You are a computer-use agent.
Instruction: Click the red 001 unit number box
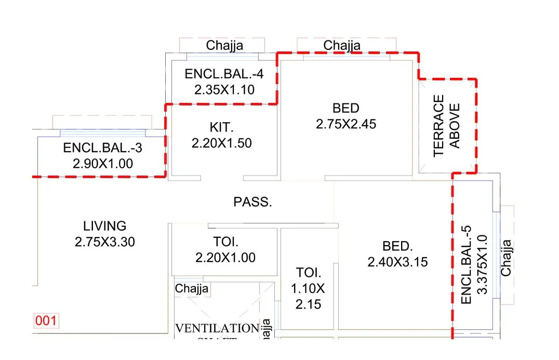tap(45, 321)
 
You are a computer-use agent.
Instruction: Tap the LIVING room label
tap(104, 226)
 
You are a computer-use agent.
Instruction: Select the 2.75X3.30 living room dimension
tap(104, 242)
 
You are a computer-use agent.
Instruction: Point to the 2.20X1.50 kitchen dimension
tap(221, 143)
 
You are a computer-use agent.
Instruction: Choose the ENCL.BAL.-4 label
tap(224, 74)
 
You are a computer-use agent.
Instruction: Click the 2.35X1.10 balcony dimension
tap(224, 90)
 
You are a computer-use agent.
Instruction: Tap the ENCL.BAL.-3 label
tap(102, 148)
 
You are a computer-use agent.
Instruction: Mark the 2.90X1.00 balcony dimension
tap(102, 164)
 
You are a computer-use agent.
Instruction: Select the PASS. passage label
tap(252, 202)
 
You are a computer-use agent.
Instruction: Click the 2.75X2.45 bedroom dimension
tap(345, 124)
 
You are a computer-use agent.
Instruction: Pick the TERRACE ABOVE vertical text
tap(446, 125)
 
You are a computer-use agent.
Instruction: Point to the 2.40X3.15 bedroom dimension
tap(397, 262)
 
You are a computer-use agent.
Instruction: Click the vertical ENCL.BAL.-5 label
tap(466, 264)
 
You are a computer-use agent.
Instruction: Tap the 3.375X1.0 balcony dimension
tap(482, 264)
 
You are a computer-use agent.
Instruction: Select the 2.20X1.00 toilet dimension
tap(225, 257)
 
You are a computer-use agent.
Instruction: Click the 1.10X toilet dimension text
tap(309, 288)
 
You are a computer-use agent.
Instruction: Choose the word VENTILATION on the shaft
tap(217, 328)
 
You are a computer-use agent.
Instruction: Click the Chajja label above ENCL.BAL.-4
tap(224, 46)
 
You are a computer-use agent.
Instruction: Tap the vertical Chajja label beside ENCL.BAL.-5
tap(505, 257)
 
